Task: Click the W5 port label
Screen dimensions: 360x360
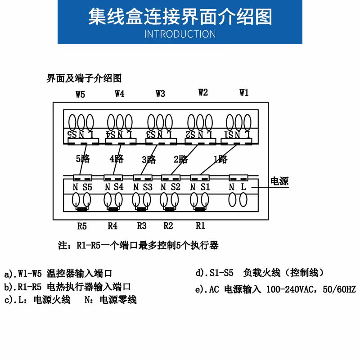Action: (80, 94)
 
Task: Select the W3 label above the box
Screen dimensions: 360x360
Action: (160, 94)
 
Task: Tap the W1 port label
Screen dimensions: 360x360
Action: (243, 93)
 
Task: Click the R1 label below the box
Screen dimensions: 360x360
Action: (200, 225)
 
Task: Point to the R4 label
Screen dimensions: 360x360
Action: (112, 225)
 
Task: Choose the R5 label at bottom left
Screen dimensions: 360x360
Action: (81, 225)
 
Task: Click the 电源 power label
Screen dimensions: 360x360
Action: (279, 181)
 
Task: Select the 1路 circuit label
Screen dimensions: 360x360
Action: (220, 159)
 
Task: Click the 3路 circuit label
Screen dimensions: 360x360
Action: (149, 159)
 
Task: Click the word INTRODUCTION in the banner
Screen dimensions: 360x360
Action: (180, 34)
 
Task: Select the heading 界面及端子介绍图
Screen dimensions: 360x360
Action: (84, 78)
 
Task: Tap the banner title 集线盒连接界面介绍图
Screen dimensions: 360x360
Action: (180, 17)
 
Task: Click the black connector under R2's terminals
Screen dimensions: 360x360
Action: (170, 209)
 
